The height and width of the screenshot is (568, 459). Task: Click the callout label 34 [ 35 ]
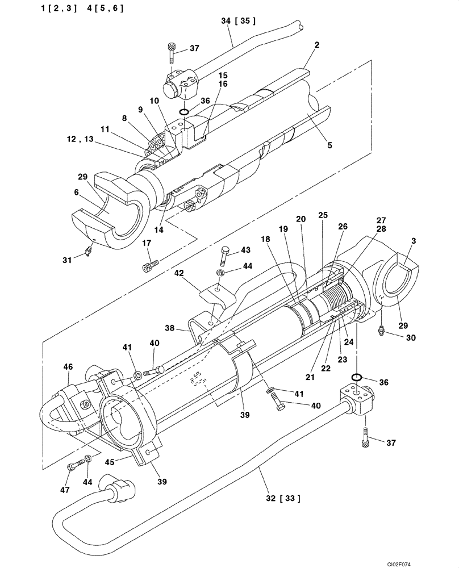(x=238, y=20)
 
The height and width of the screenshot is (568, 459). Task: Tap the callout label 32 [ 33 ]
(x=282, y=499)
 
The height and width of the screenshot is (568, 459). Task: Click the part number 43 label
(x=245, y=250)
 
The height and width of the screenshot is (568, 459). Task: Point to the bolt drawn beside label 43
(x=224, y=257)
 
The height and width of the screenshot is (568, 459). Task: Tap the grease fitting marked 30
(x=379, y=329)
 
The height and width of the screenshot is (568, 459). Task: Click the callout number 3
(x=414, y=240)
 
